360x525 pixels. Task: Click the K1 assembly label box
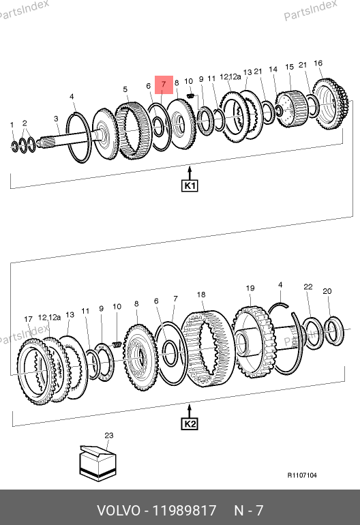[190, 185]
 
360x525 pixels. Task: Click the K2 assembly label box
[190, 424]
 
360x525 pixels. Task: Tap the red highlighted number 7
[164, 85]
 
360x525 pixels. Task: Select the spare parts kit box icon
[97, 464]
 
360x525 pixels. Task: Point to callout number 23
[109, 435]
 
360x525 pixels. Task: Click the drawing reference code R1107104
[302, 475]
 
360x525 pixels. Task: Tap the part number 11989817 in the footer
[185, 511]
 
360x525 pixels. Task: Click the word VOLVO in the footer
[119, 511]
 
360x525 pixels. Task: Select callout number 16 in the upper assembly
[318, 63]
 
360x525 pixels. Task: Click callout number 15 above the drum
[289, 67]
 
